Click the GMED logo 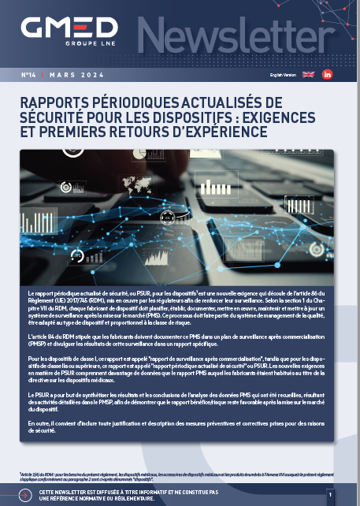pos(69,30)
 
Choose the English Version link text pos(281,75)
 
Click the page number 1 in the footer pos(330,493)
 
